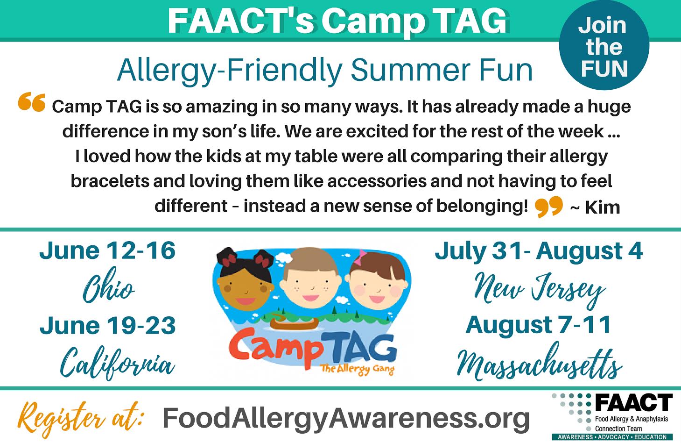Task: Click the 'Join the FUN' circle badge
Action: point(604,45)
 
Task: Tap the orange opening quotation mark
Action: point(32,102)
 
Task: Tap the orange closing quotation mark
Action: point(549,207)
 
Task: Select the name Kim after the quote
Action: point(603,208)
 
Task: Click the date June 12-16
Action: point(108,250)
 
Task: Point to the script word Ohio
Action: point(108,285)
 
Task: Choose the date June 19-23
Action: point(108,325)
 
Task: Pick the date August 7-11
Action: point(539,326)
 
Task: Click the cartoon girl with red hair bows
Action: point(246,279)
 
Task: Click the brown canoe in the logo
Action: point(294,322)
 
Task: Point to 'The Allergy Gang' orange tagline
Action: point(357,369)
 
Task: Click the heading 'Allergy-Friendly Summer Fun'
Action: point(325,71)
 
